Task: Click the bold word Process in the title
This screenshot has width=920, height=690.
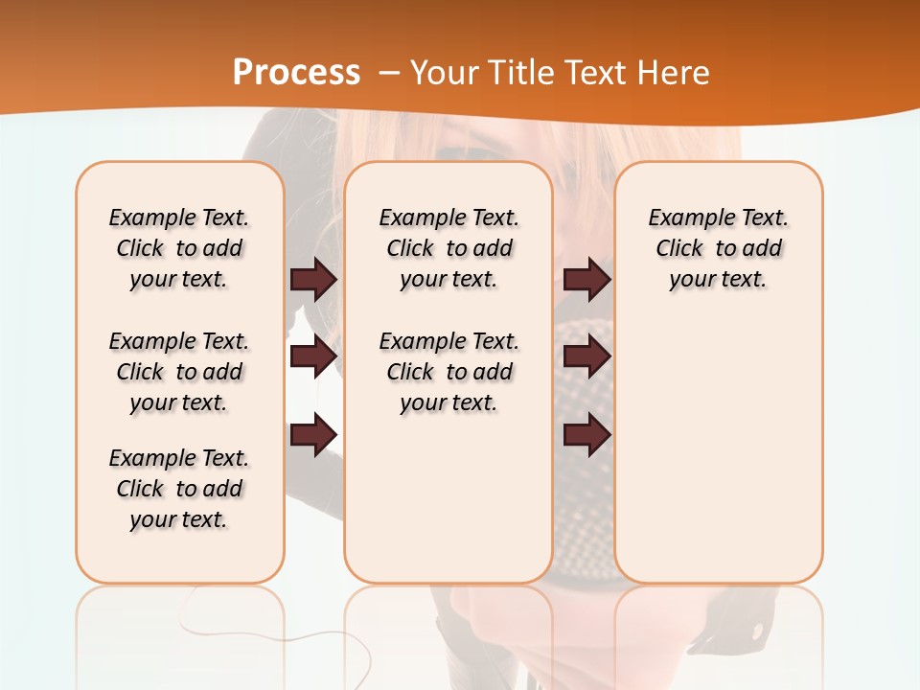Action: click(x=296, y=72)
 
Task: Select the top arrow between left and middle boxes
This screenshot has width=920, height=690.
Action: click(x=313, y=279)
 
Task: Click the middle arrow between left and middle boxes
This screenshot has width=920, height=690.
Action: click(x=313, y=356)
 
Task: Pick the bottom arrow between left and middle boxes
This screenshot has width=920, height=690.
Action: click(x=313, y=436)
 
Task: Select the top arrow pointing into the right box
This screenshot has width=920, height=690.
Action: click(x=586, y=279)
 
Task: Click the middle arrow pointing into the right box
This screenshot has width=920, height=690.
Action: click(x=586, y=356)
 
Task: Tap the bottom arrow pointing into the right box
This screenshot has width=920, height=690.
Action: click(x=586, y=436)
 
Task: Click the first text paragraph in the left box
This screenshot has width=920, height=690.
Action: click(x=179, y=248)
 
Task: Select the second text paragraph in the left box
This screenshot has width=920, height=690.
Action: click(x=179, y=372)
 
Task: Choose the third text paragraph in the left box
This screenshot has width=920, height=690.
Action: click(x=179, y=489)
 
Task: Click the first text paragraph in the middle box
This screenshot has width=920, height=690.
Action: click(x=448, y=248)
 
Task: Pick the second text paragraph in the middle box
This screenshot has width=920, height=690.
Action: click(x=448, y=372)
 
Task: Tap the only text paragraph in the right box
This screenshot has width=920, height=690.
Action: click(x=718, y=248)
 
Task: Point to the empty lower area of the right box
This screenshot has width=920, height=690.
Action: click(x=718, y=450)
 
